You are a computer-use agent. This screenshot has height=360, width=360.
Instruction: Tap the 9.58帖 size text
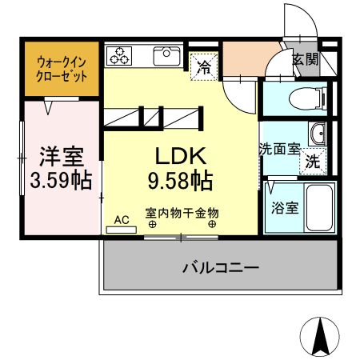[178, 182]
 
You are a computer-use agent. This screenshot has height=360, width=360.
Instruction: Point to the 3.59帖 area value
[60, 180]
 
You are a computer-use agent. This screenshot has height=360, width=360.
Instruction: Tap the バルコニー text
[220, 266]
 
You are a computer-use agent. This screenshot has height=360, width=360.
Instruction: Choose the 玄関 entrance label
[304, 60]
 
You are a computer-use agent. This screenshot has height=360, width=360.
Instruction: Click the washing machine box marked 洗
[314, 159]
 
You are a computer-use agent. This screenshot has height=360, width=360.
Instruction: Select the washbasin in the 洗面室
[317, 134]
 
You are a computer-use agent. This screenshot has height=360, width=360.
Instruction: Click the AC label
[122, 218]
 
